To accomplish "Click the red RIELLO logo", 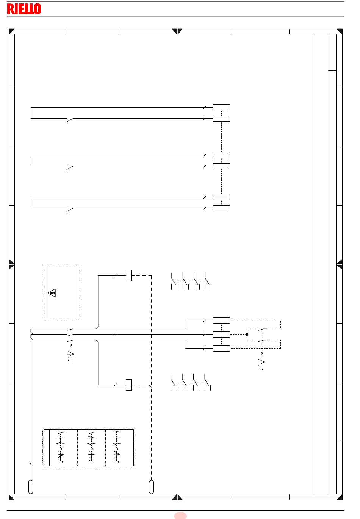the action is pos(24,9).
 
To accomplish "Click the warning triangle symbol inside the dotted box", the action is pos(52,293).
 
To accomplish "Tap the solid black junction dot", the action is pos(247,335).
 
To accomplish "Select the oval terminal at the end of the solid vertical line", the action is pos(31,487).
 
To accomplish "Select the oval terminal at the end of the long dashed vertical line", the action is pos(151,487).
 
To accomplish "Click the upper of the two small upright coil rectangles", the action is pos(129,275).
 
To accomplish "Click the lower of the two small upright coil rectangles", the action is pos(129,385).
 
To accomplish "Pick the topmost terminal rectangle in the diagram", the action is pos(221,107).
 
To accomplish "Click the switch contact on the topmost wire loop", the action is pos(69,121).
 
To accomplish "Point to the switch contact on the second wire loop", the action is pos(69,169).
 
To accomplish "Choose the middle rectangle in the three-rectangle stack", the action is pos(221,335).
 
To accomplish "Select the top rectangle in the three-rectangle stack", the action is pos(221,320).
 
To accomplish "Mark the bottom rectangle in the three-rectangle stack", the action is pos(221,349).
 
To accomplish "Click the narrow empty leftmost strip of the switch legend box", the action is pos(47,447).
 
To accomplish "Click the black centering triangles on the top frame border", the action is pos(177,31).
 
